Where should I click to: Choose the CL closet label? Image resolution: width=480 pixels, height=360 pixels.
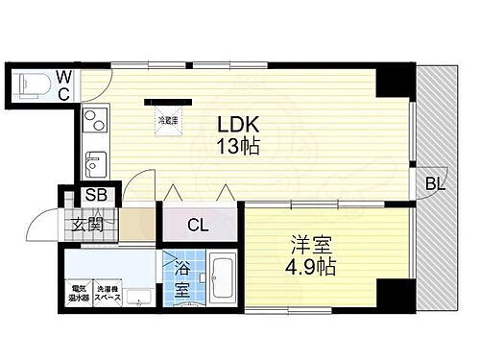pyautogui.click(x=198, y=227)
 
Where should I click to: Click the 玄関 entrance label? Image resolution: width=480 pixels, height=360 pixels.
pyautogui.click(x=87, y=227)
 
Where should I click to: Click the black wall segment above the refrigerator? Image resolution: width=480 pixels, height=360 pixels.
pyautogui.click(x=163, y=100)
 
